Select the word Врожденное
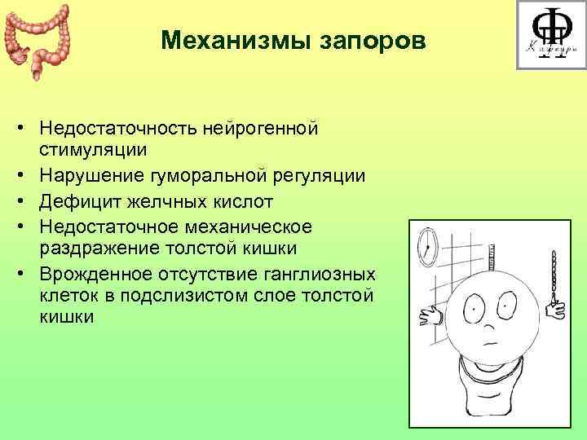click(x=93, y=273)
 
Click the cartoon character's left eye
click(x=474, y=306)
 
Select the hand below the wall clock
click(x=429, y=315)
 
